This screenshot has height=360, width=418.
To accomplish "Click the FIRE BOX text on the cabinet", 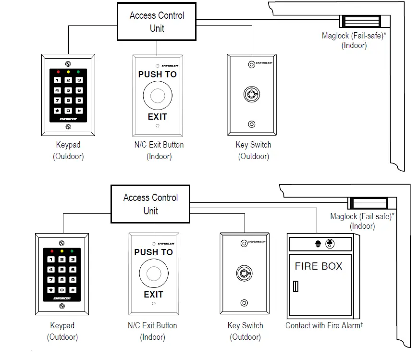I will click(x=319, y=266).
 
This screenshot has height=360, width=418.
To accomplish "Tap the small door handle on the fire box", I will click(x=295, y=287).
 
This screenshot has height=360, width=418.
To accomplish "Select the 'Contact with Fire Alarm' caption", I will click(x=324, y=325).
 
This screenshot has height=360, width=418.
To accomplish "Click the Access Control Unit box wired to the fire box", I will click(x=150, y=204).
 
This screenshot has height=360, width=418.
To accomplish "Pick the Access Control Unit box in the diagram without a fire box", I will click(x=157, y=22).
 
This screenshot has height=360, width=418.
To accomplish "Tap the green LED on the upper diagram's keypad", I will click(x=79, y=72).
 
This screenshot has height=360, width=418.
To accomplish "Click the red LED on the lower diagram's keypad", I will click(x=51, y=251).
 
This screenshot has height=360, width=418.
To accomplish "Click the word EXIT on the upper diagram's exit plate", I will click(x=157, y=116).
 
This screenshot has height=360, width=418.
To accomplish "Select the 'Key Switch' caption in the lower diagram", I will click(x=245, y=325).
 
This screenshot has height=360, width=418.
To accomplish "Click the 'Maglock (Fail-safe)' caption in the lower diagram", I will click(x=362, y=216).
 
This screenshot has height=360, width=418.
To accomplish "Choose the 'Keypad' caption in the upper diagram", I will click(x=68, y=145).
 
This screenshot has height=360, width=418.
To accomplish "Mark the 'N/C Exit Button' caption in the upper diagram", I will click(x=159, y=145).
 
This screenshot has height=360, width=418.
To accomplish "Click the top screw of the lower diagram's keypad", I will click(x=62, y=243).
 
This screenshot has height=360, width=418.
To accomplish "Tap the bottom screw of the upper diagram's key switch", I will click(x=251, y=124).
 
